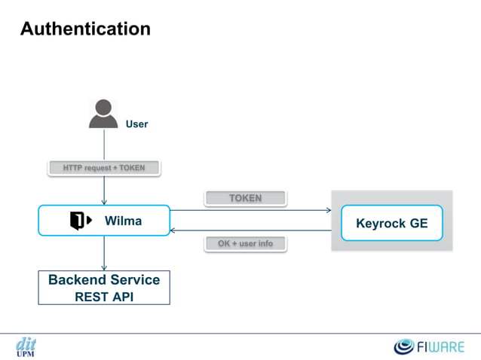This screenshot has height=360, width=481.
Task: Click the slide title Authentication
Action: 85,29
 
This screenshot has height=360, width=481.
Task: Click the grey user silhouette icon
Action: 103,114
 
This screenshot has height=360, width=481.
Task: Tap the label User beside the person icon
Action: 136,124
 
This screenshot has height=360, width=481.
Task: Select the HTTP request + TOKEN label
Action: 104,168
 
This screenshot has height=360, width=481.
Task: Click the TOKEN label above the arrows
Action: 245,198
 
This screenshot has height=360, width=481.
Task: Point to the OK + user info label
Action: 245,243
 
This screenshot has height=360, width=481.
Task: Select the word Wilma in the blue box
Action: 123,221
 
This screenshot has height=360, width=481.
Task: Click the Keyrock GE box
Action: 391,223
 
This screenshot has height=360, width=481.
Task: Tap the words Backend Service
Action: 104,279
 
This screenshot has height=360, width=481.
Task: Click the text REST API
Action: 104,296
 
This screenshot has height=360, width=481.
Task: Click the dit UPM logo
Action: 26,346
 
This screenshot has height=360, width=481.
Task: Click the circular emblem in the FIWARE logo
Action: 406,346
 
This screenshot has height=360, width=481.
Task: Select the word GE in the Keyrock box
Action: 418,223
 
